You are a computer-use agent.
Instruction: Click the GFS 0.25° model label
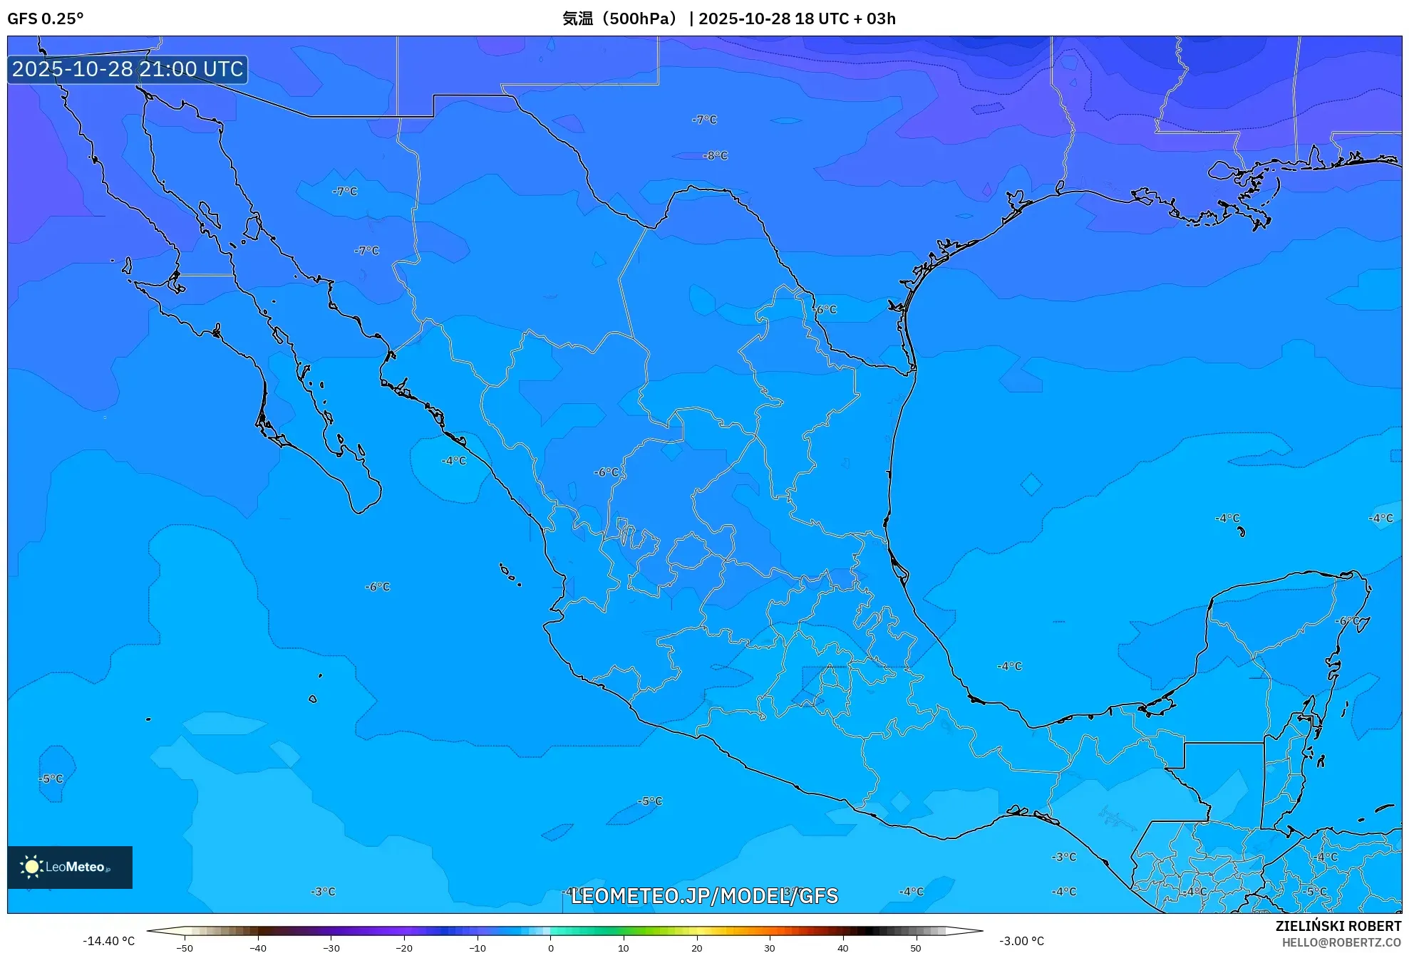click(45, 19)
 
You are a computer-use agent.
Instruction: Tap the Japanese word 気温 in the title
click(577, 19)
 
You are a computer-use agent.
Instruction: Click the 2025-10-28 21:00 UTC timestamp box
click(128, 69)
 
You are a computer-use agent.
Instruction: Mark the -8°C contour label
click(716, 155)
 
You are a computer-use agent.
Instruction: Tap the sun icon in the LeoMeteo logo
click(31, 866)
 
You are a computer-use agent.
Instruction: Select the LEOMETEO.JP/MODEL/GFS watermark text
click(704, 896)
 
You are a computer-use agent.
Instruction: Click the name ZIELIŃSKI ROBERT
click(1338, 926)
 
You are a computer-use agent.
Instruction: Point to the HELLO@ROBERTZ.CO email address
click(1341, 942)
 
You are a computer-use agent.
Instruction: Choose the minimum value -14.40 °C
click(108, 941)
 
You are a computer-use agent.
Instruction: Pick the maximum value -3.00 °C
click(1021, 941)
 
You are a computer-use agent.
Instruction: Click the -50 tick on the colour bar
click(185, 948)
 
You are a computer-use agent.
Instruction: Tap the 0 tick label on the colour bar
click(550, 948)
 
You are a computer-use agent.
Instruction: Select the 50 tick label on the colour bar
click(916, 948)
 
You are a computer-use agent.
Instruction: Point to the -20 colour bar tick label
click(403, 948)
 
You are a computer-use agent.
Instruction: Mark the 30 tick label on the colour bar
click(770, 948)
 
